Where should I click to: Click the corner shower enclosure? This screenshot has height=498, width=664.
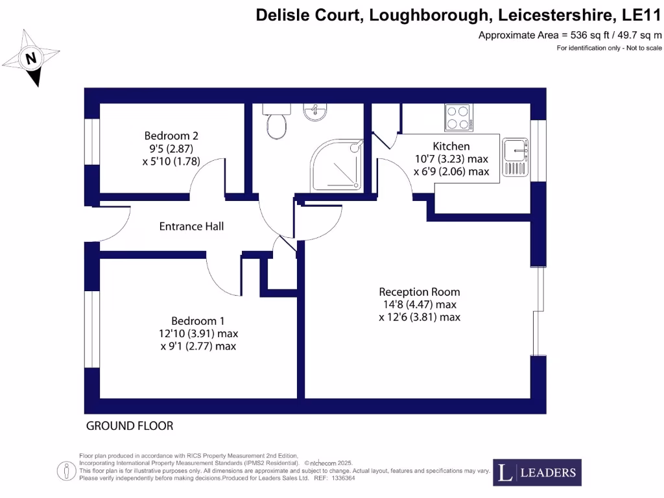pos(337,166)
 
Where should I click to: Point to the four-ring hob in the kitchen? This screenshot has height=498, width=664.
pos(458,117)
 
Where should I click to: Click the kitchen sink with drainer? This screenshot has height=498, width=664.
pos(517,156)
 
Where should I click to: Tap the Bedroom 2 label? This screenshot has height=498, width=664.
pos(171,136)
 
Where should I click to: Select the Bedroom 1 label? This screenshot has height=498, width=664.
pos(198,321)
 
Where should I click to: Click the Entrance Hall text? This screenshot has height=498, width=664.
pos(192,226)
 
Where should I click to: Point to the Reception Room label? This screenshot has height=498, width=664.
pos(420,292)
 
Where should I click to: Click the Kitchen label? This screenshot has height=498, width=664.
pos(451,146)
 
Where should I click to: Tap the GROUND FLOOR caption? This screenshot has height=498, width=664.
pos(130,426)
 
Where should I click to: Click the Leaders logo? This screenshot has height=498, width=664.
pos(537,473)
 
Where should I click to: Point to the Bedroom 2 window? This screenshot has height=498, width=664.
pos(91,142)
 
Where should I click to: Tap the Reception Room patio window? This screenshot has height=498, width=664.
pos(538,311)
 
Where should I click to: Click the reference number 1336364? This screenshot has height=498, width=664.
pos(342,479)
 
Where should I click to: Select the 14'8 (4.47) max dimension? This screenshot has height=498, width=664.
pos(419,305)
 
